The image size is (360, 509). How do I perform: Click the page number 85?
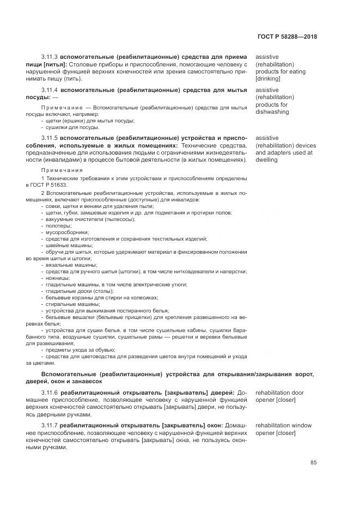click(x=313, y=463)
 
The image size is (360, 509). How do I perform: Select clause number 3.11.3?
click(x=50, y=57)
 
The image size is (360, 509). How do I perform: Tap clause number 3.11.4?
click(x=50, y=90)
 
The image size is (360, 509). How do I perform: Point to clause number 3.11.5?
click(x=50, y=138)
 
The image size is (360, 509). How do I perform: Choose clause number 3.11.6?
click(x=50, y=393)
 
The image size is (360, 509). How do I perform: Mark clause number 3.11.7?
click(x=50, y=426)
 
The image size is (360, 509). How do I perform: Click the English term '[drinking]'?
click(x=268, y=78)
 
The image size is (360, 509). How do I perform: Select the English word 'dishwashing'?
click(x=272, y=112)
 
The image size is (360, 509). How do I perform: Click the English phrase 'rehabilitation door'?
click(x=279, y=393)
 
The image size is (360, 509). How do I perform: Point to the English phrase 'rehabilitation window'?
click(x=283, y=426)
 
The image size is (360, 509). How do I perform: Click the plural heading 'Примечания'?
click(x=59, y=170)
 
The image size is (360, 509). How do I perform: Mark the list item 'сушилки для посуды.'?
click(x=65, y=127)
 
